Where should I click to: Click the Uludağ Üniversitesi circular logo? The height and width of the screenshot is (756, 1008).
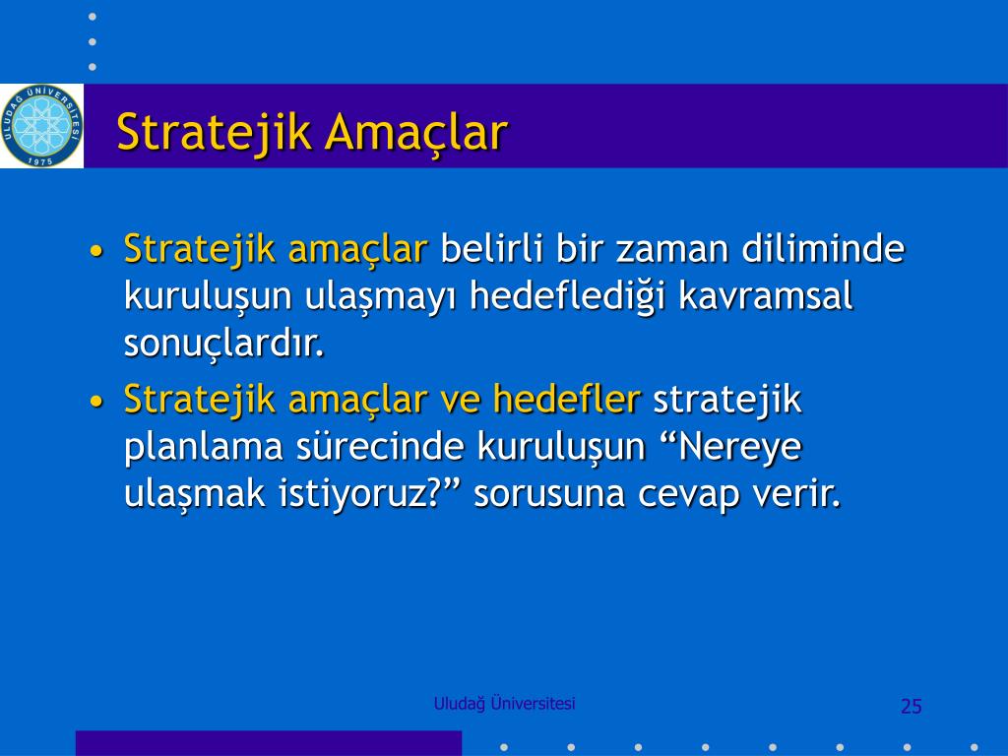pos(41,125)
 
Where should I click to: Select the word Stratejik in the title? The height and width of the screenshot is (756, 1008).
pos(215,133)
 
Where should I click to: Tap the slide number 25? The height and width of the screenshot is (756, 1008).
pos(911,706)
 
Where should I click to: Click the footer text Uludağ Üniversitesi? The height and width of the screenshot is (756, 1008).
pos(505,704)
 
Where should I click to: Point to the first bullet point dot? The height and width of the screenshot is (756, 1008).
pos(96,251)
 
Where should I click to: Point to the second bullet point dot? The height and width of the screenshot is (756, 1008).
pos(96,402)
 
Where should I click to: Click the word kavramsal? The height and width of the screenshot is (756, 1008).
pos(765,295)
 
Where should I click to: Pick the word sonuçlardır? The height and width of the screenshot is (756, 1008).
pos(224,344)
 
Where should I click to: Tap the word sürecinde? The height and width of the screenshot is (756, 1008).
pos(380,446)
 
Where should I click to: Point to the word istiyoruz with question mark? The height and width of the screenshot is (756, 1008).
pos(367,494)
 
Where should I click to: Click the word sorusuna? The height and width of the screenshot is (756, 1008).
pos(549,495)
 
